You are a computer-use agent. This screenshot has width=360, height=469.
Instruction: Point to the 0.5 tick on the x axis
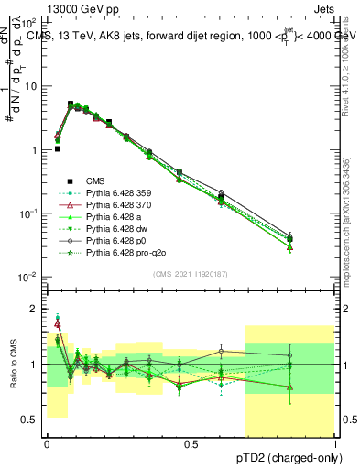(191, 443)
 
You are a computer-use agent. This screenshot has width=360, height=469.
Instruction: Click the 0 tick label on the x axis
(47, 443)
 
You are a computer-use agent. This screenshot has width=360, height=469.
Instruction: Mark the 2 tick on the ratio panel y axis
(37, 309)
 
